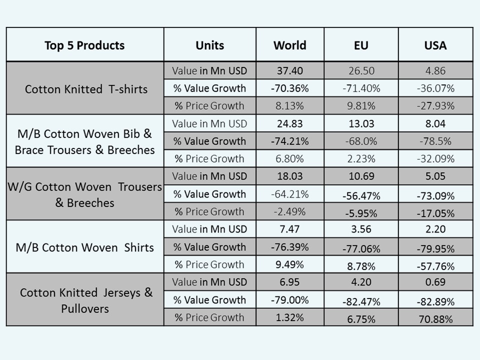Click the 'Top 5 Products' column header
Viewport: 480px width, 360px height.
pos(84,45)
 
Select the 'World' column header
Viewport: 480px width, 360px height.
pos(289,45)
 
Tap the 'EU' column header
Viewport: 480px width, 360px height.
pos(361,45)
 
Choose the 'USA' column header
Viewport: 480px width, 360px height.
pos(435,45)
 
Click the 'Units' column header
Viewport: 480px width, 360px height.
pos(210,45)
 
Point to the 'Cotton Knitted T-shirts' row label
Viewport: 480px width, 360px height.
pos(86,89)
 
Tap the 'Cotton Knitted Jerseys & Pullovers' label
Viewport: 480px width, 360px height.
pos(86,300)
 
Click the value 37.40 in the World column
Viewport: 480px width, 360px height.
pos(289,71)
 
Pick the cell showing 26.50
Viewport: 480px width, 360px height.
pos(361,71)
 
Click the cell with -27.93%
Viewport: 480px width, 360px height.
pos(435,106)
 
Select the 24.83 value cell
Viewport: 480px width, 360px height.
pos(289,123)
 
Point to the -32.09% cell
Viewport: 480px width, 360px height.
pos(435,159)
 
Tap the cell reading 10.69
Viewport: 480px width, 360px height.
pos(361,176)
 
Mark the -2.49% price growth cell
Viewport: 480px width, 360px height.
pos(289,211)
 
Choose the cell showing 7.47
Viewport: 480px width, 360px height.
pos(289,229)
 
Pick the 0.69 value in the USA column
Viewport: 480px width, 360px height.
pos(435,282)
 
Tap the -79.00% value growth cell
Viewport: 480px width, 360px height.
pos(289,300)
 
